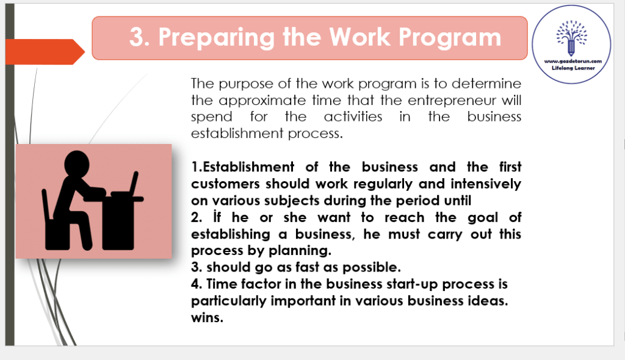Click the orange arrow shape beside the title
pos(45,52)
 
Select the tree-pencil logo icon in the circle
pos(571,38)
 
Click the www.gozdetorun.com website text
pos(573,61)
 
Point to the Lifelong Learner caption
pos(573,68)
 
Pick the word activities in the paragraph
pos(353,117)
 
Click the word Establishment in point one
pos(248,167)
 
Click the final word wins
pos(207,318)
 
